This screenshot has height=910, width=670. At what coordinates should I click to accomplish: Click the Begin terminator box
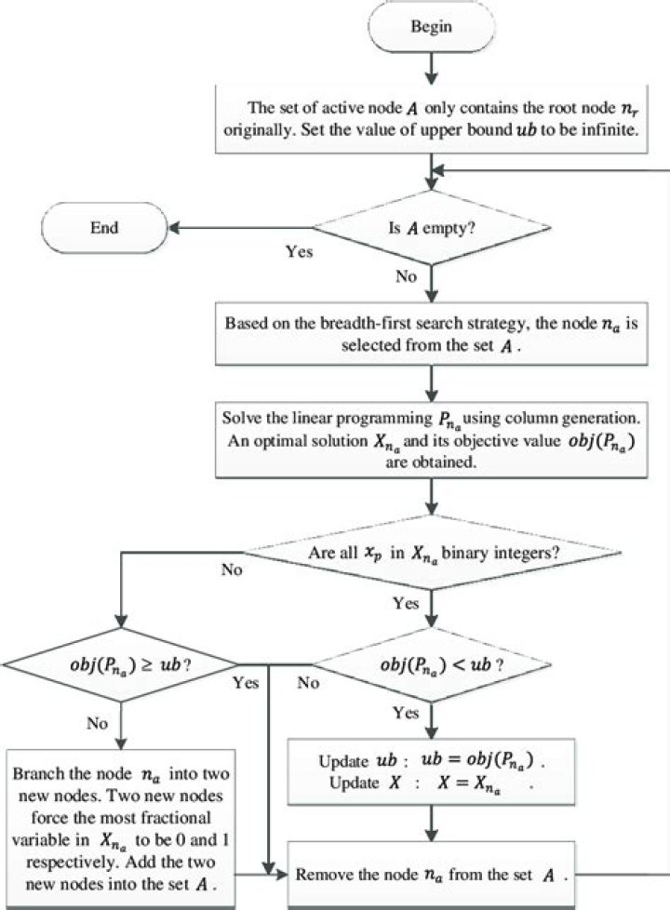tap(431, 27)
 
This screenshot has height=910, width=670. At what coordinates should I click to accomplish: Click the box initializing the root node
tap(432, 118)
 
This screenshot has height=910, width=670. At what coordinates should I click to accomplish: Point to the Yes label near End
tap(299, 251)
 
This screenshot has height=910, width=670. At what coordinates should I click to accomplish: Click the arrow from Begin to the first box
tap(431, 69)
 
